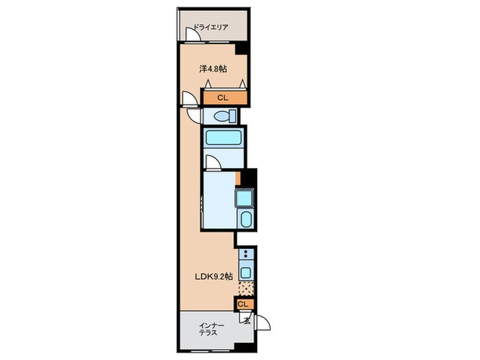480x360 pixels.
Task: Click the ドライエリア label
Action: pyautogui.click(x=211, y=27)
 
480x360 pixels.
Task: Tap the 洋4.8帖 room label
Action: pyautogui.click(x=213, y=69)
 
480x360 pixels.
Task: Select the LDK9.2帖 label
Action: pyautogui.click(x=214, y=277)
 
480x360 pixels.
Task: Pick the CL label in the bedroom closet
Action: pyautogui.click(x=223, y=98)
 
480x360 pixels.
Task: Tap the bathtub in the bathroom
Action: pyautogui.click(x=223, y=137)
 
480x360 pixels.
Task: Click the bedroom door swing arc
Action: pyautogui.click(x=189, y=98)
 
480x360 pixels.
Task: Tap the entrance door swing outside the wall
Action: pyautogui.click(x=263, y=322)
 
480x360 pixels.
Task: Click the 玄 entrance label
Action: pyautogui.click(x=247, y=321)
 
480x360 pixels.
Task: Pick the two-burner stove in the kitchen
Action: pyautogui.click(x=245, y=254)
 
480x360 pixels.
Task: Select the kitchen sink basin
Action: pyautogui.click(x=246, y=272)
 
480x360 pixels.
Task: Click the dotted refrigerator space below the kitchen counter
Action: pyautogui.click(x=245, y=289)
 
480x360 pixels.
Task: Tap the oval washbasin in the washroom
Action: pyautogui.click(x=245, y=219)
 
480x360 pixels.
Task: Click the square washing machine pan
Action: pyautogui.click(x=244, y=197)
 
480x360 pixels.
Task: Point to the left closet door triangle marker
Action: pyautogui.click(x=208, y=83)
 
